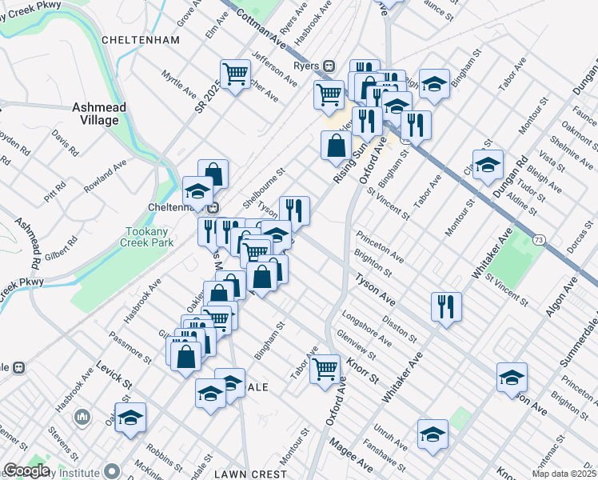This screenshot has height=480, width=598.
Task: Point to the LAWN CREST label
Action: coord(250,474)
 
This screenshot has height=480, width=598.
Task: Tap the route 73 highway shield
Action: coord(541,240)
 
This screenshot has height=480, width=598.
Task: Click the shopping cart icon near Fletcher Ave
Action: coord(235,74)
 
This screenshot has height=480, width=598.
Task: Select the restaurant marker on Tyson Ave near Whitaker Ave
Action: coord(446,306)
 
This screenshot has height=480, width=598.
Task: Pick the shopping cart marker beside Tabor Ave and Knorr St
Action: coord(325,370)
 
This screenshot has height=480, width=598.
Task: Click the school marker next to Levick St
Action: coord(130,417)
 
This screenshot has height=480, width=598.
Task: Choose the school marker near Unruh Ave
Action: coord(433,434)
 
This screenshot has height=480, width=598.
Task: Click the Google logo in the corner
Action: coord(26,470)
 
